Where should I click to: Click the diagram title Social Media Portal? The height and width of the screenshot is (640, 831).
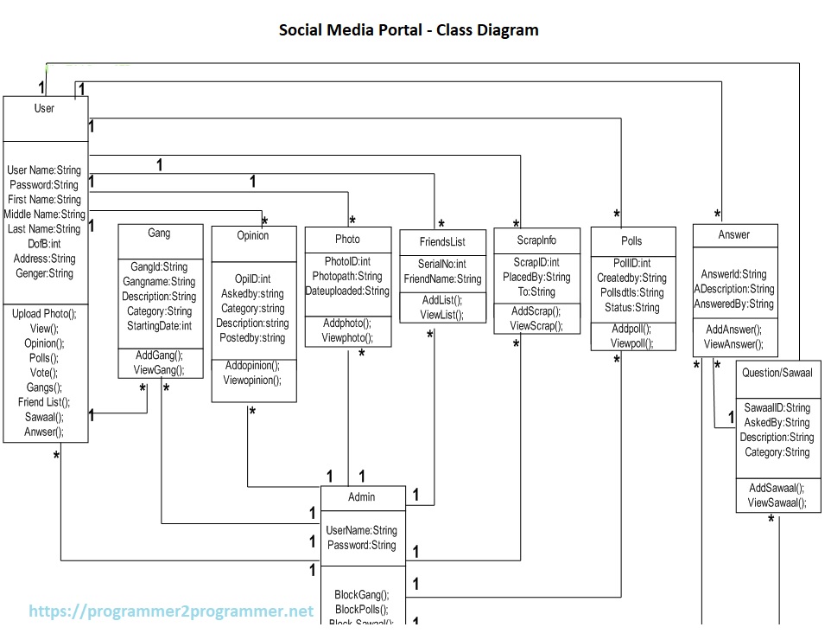(x=409, y=30)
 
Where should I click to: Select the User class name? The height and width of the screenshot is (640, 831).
(x=44, y=108)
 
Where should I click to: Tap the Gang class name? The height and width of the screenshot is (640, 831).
(x=159, y=234)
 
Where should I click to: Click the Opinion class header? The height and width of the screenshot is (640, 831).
(x=253, y=235)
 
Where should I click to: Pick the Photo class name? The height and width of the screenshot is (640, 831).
(x=347, y=239)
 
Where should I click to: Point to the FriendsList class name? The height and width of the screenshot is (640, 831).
(x=442, y=242)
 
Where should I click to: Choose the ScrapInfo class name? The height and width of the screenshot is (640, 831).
(x=536, y=240)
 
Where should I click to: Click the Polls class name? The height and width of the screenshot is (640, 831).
(x=631, y=240)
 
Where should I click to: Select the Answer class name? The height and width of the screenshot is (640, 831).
(x=734, y=234)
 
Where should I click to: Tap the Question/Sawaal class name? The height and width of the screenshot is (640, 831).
(x=778, y=373)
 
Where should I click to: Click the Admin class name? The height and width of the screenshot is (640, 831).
(x=362, y=496)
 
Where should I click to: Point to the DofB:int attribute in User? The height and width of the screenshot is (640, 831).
(x=43, y=244)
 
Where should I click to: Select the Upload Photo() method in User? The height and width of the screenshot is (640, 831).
(x=44, y=314)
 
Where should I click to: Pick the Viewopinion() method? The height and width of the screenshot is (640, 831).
(x=252, y=380)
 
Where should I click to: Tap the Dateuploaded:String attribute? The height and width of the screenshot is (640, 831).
(x=347, y=291)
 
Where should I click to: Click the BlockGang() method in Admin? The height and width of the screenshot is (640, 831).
(x=362, y=595)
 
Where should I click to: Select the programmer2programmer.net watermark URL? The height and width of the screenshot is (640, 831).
(x=171, y=611)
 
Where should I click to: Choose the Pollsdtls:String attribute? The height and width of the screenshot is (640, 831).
(x=631, y=293)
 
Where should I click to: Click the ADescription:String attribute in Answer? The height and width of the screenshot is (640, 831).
(x=734, y=289)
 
